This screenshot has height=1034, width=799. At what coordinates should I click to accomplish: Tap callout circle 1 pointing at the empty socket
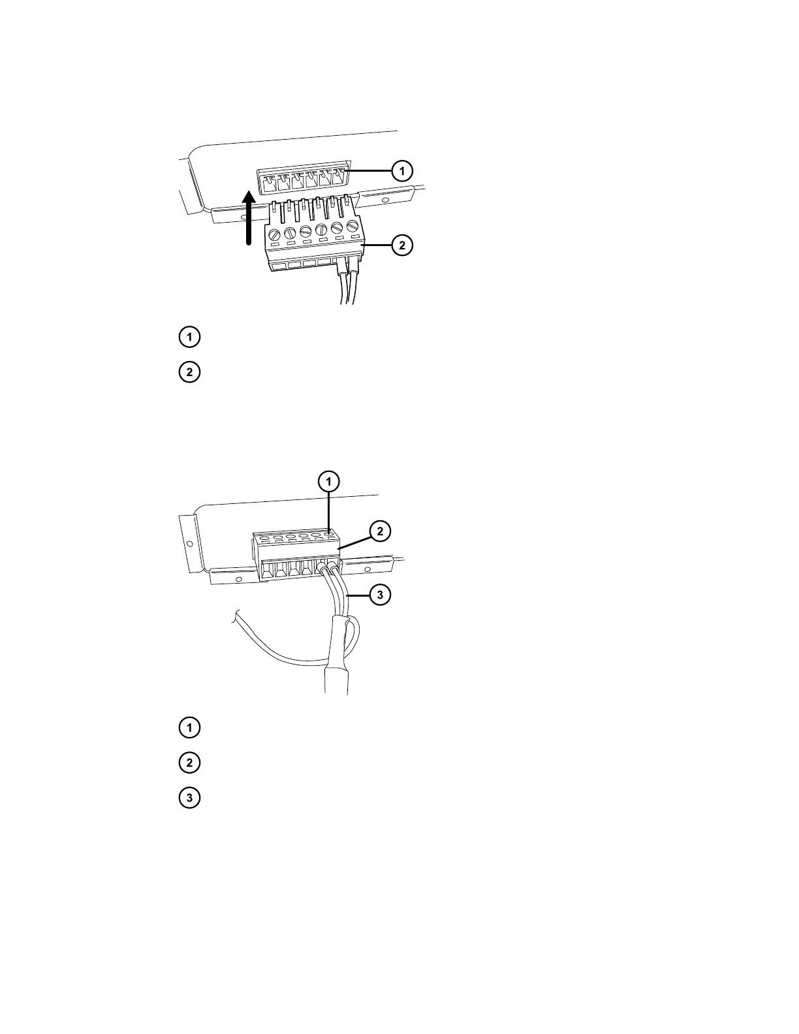(402, 171)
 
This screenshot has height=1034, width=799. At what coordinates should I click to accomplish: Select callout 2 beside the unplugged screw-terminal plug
(402, 245)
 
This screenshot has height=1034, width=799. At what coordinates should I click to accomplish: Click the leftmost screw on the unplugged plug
(275, 232)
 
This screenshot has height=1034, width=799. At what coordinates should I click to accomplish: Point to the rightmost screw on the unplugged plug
(352, 227)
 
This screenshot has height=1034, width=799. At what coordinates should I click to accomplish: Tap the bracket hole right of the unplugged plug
(385, 200)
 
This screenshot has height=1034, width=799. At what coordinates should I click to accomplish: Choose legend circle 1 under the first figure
(189, 337)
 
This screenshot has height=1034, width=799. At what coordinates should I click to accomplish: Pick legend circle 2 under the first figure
(189, 373)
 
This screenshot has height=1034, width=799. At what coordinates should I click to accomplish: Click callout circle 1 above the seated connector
(329, 482)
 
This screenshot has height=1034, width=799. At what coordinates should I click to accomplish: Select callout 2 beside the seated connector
(380, 532)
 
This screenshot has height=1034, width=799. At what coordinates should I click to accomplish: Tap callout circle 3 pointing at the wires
(380, 595)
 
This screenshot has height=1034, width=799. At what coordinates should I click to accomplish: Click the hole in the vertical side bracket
(189, 543)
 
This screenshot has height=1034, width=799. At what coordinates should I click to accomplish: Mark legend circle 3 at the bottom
(189, 798)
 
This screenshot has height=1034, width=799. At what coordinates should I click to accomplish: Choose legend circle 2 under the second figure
(189, 762)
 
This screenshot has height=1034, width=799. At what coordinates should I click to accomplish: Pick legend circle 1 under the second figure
(189, 727)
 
